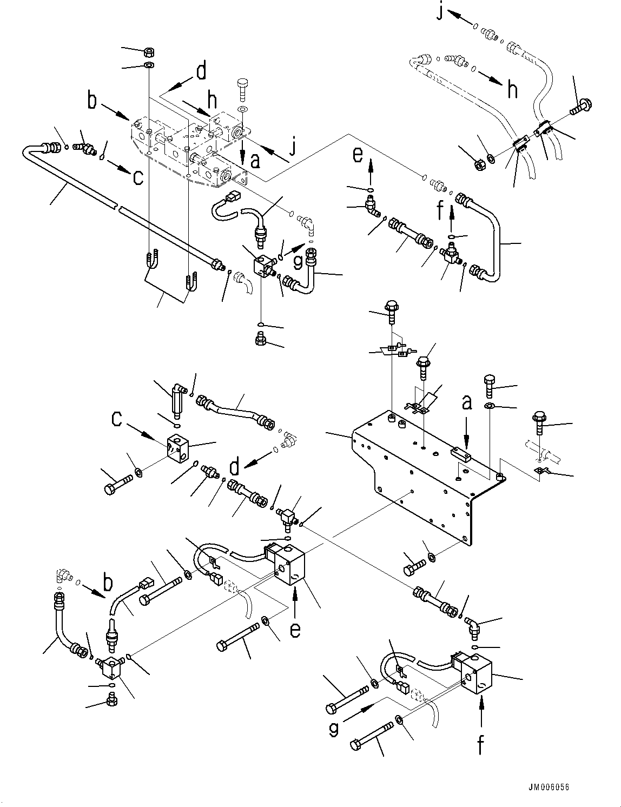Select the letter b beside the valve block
[x=93, y=101]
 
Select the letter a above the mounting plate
[x=466, y=403]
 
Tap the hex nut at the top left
[x=148, y=52]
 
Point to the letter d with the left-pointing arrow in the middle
[x=234, y=467]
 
